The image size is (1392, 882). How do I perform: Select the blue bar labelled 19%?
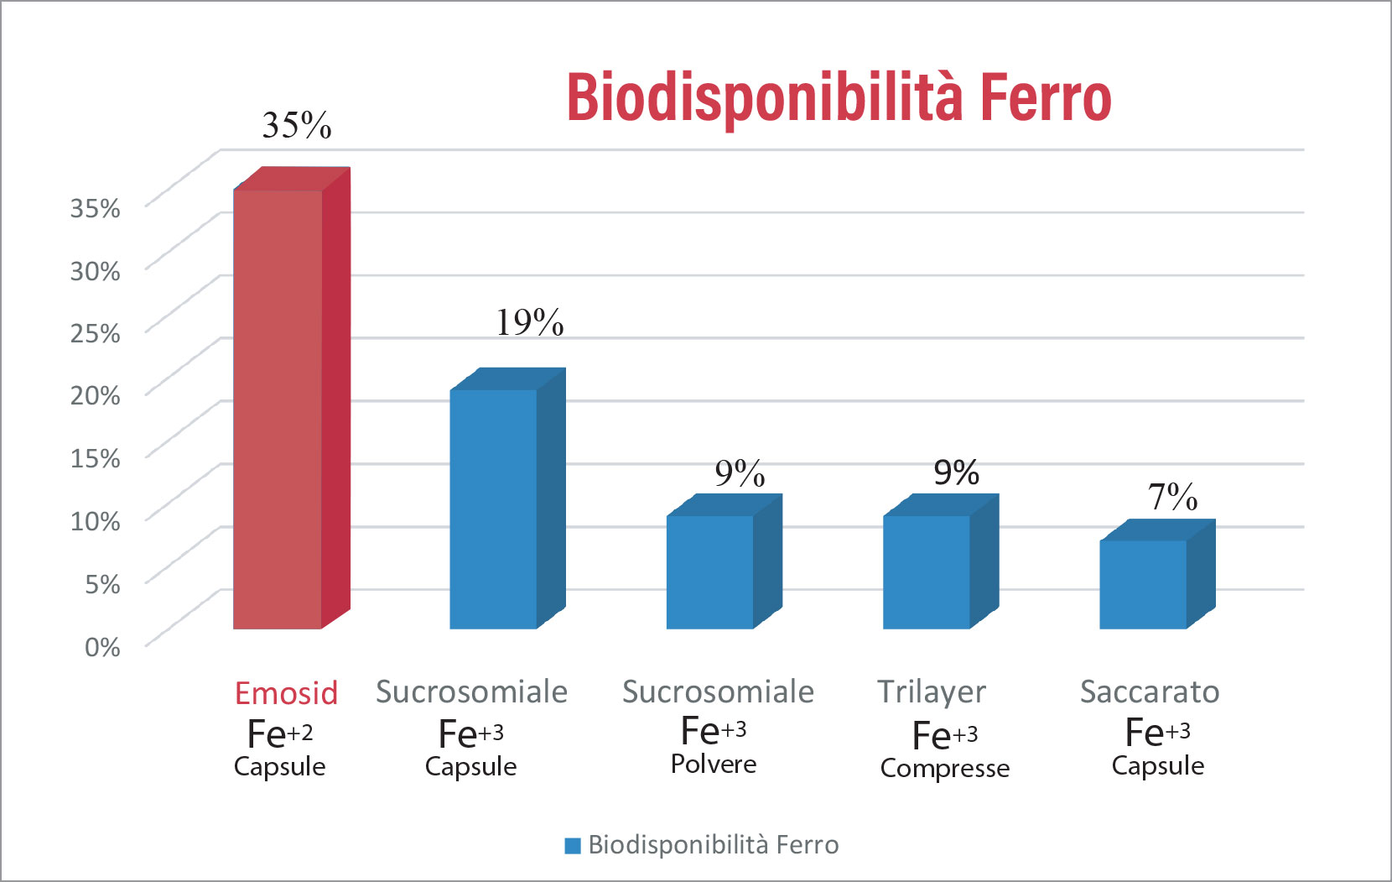point(494,509)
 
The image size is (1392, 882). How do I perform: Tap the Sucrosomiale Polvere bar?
point(710,571)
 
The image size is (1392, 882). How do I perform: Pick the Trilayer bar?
point(927,571)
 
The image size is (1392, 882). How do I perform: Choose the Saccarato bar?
point(1143,584)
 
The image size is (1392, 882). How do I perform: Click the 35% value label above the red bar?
point(297,126)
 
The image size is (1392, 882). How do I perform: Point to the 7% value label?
point(1172,497)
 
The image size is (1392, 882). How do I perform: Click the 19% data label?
point(529,322)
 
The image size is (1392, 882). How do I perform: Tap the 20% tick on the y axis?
point(96,395)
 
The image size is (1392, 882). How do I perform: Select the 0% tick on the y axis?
point(102,647)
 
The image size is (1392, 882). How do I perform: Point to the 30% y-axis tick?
point(96,270)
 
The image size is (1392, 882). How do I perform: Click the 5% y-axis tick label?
point(102,584)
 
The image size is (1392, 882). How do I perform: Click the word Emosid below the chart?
point(286,694)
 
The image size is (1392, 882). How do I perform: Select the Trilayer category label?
point(932,692)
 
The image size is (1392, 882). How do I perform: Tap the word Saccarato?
point(1149,692)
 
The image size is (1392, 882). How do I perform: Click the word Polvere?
point(714,765)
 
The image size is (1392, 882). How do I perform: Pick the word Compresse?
point(945,768)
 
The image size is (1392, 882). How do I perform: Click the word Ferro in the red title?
point(1045,98)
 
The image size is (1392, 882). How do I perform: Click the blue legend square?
point(573,846)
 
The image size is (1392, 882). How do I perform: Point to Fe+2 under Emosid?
point(280,734)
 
